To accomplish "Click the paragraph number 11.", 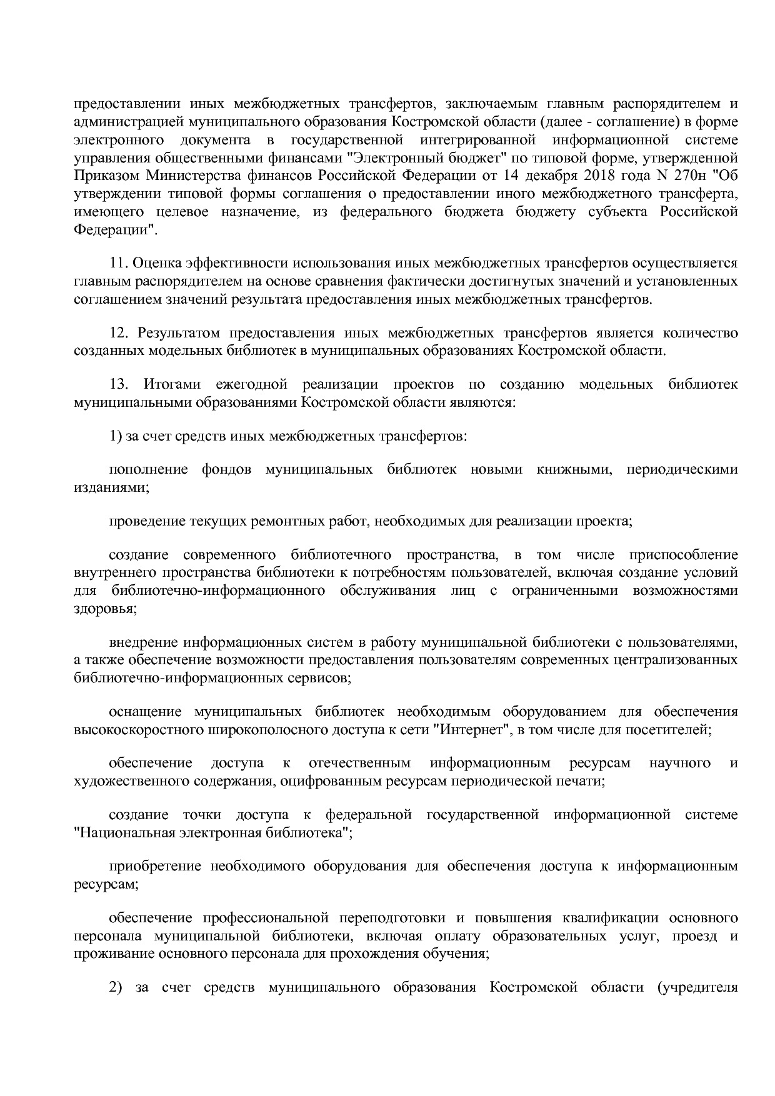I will click(x=118, y=263).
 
